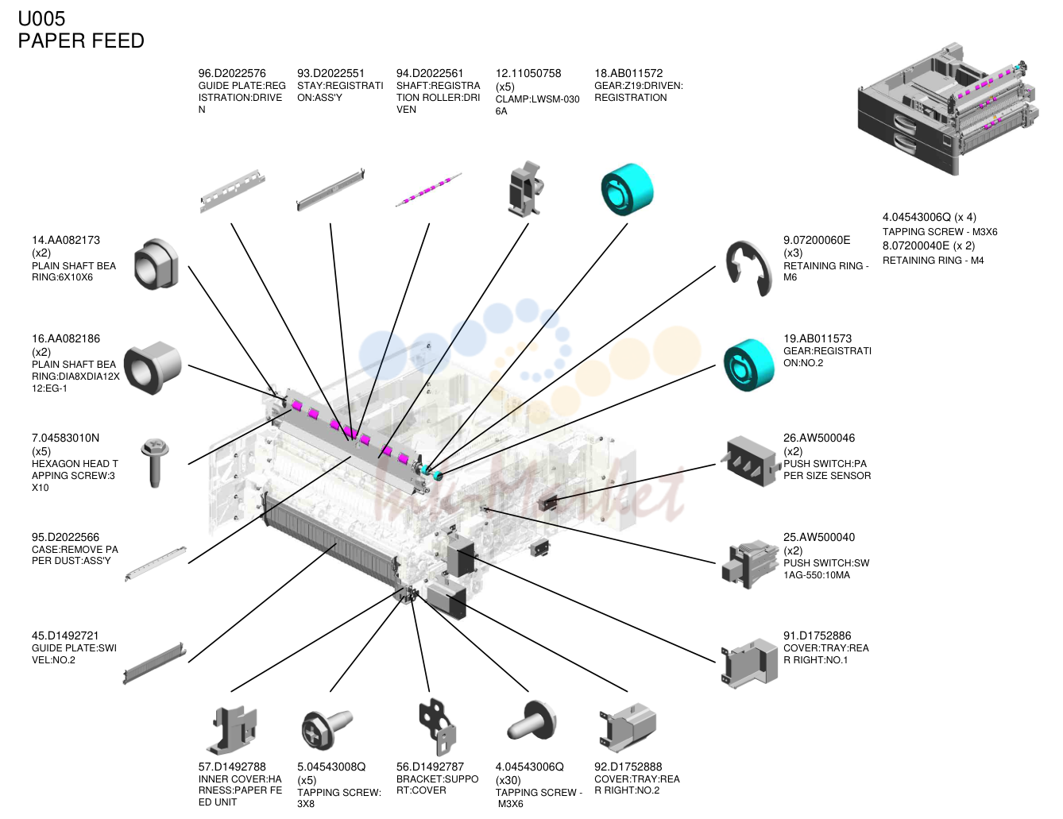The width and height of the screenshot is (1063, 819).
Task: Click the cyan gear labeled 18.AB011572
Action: coord(627,189)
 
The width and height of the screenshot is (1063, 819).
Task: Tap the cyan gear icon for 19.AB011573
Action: coord(748,365)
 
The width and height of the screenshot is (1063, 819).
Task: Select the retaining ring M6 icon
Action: coord(748,268)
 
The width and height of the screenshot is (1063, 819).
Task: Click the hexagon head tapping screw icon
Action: coord(155,462)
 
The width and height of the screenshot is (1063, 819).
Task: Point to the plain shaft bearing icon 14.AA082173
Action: coord(156,264)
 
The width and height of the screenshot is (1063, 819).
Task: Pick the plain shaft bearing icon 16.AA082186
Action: coord(152,368)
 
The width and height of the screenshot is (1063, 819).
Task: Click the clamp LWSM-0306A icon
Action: coord(527,190)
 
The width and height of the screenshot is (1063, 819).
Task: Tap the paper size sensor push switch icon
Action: coord(748,461)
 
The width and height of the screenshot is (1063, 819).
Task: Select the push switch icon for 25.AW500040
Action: coord(749,564)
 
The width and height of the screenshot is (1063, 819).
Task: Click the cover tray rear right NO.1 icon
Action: coord(749,663)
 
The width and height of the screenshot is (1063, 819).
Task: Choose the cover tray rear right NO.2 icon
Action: coord(628,728)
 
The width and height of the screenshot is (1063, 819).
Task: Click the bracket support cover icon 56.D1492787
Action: coord(437,728)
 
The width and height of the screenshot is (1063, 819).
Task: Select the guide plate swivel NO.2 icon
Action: coord(155,663)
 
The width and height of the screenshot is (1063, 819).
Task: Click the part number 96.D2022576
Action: coord(232,73)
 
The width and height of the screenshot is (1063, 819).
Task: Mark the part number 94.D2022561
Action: coord(430,73)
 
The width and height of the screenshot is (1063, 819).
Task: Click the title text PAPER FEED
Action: coord(81,41)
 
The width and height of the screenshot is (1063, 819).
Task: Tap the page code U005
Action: coord(41,18)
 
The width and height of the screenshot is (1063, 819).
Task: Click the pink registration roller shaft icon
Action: coord(428,190)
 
